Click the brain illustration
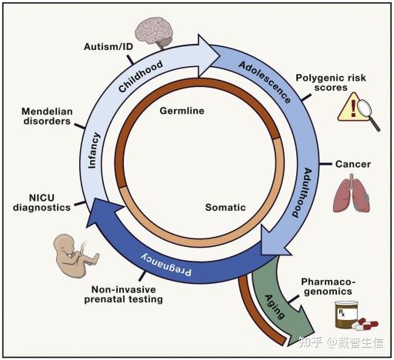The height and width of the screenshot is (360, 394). pyautogui.click(x=154, y=32)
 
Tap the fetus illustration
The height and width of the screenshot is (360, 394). pyautogui.click(x=75, y=255)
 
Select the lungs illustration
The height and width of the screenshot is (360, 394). pyautogui.click(x=352, y=193)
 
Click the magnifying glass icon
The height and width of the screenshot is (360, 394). pyautogui.click(x=368, y=114)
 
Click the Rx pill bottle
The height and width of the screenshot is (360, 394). pyautogui.click(x=346, y=315)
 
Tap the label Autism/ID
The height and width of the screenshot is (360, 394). pyautogui.click(x=109, y=47)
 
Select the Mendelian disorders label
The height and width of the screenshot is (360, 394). pyautogui.click(x=47, y=116)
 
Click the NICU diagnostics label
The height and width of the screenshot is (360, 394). pyautogui.click(x=42, y=202)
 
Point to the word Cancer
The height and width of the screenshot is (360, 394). pyautogui.click(x=353, y=164)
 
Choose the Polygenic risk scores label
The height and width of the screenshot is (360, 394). pyautogui.click(x=331, y=82)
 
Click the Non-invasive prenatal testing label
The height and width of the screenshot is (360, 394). pyautogui.click(x=124, y=295)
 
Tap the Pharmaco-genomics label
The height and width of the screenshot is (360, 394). pyautogui.click(x=329, y=287)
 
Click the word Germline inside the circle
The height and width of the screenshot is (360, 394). pyautogui.click(x=182, y=111)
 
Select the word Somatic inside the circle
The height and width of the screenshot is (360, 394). pyautogui.click(x=225, y=207)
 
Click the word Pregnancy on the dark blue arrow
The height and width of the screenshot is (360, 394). pyautogui.click(x=166, y=265)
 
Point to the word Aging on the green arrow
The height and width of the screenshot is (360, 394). pyautogui.click(x=275, y=307)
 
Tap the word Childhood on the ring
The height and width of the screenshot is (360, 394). pyautogui.click(x=141, y=76)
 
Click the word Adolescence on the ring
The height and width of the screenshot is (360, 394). pyautogui.click(x=265, y=82)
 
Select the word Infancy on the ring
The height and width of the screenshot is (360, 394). pyautogui.click(x=94, y=151)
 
